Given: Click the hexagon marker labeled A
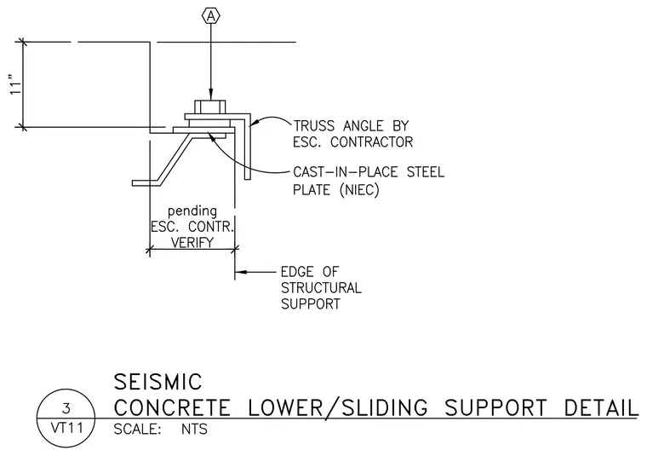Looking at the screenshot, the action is [x=211, y=16].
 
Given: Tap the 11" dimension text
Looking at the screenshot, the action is [x=15, y=85].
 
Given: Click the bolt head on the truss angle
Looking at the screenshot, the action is [x=210, y=107].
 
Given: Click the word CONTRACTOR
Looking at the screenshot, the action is [x=371, y=142].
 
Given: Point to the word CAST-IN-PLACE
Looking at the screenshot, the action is [x=346, y=172].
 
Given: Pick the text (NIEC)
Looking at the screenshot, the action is [x=359, y=190].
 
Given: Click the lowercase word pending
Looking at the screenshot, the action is [x=192, y=211].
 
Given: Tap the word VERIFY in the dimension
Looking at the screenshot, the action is [x=192, y=242].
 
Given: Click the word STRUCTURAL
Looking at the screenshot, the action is [x=321, y=288].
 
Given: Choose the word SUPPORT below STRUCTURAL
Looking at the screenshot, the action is [x=311, y=304].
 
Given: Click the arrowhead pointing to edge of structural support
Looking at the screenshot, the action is [x=241, y=272].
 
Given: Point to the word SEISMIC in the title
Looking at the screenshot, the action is [x=157, y=382].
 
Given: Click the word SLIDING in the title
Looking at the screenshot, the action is [x=385, y=408].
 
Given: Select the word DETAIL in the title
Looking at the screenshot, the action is [x=601, y=408].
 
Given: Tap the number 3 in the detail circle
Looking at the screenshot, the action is [x=66, y=409].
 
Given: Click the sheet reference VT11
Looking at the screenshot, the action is [x=67, y=429].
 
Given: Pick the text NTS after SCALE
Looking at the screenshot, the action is [x=194, y=430].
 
